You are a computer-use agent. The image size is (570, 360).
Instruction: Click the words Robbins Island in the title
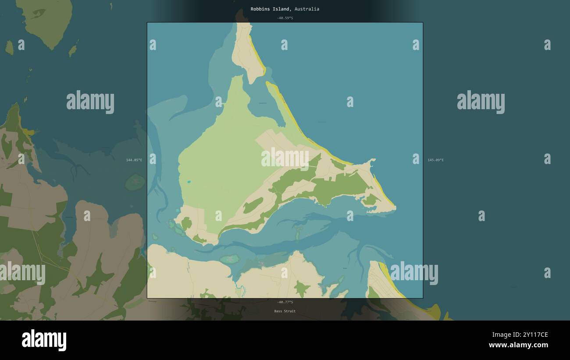pos(270,9)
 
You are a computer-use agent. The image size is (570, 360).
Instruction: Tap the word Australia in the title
pos(307,9)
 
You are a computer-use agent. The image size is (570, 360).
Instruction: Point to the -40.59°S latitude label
pos(285,18)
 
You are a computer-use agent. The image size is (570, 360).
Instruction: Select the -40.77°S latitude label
pos(285,302)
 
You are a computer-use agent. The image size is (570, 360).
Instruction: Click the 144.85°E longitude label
pos(134,160)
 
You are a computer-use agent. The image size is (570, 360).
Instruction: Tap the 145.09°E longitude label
pos(435,160)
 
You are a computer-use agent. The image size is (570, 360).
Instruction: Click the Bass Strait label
pos(285,311)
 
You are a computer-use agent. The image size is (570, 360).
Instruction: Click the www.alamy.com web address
pos(518,345)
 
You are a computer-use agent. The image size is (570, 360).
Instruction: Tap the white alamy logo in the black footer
pos(44,340)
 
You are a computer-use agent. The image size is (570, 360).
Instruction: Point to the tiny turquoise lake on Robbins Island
pos(189,182)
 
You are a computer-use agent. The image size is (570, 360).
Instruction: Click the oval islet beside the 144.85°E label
pos(135,182)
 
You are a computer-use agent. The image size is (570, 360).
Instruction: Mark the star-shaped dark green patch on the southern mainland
pos(301,289)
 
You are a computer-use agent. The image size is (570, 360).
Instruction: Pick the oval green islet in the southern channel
pos(230,259)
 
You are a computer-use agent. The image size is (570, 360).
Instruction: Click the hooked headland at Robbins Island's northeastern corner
pos(372,163)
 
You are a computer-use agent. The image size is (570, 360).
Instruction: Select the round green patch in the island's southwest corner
pos(186,223)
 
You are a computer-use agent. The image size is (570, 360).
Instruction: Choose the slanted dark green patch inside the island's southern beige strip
pos(253,205)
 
